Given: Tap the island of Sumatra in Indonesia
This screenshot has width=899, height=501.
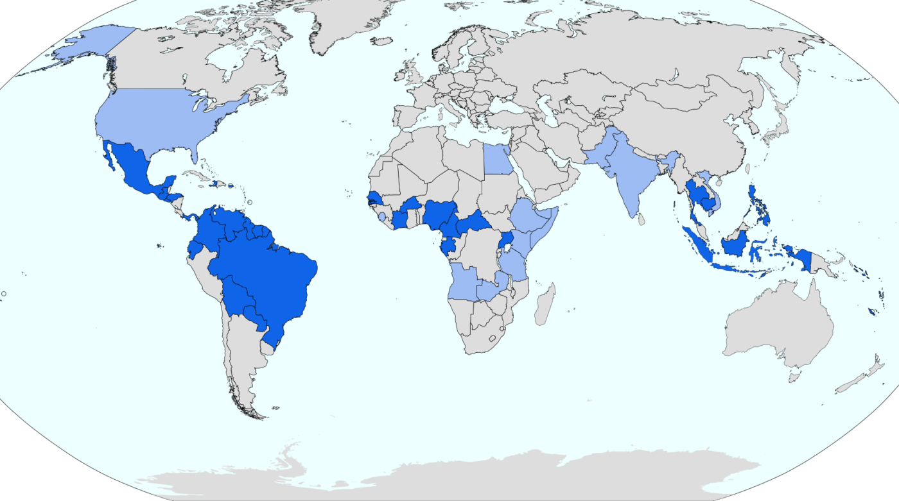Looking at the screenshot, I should tap(697, 244).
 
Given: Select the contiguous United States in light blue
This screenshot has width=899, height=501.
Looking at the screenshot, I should tap(161, 119).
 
